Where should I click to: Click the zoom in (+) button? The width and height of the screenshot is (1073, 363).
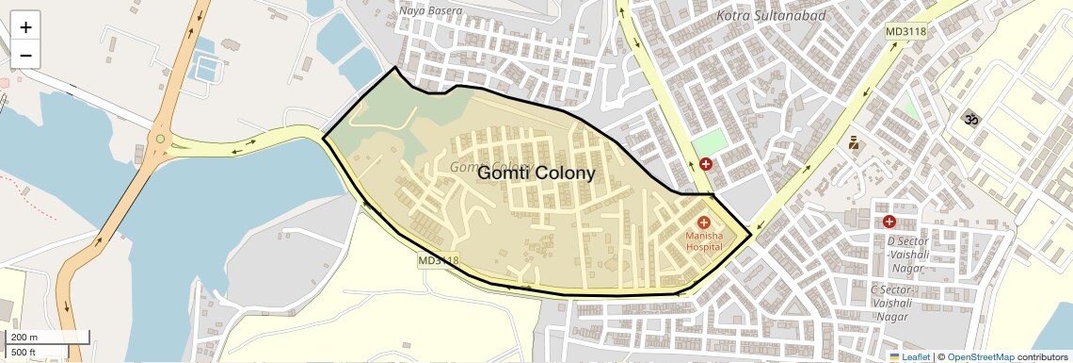(25, 27)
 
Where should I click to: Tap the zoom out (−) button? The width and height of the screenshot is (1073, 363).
(25, 56)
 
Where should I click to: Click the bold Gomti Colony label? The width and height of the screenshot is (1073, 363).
(536, 173)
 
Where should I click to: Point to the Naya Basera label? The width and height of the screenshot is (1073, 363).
(431, 11)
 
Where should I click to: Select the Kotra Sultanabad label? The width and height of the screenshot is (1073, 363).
(771, 16)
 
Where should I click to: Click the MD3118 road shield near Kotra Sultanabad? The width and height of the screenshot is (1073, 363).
(905, 32)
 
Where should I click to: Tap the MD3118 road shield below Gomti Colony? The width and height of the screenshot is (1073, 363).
(438, 260)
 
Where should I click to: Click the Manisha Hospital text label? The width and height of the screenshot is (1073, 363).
(704, 240)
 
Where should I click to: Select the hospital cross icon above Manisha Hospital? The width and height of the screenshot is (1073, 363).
(704, 222)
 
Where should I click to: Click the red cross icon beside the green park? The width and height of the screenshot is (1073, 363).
(705, 164)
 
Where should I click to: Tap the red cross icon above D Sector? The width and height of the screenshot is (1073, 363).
(889, 222)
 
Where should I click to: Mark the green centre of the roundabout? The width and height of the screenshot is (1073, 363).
(160, 140)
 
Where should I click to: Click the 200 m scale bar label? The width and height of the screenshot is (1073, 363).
(24, 337)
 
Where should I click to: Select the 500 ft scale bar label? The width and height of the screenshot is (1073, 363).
(24, 352)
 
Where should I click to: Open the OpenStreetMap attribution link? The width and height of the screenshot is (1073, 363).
(980, 356)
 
